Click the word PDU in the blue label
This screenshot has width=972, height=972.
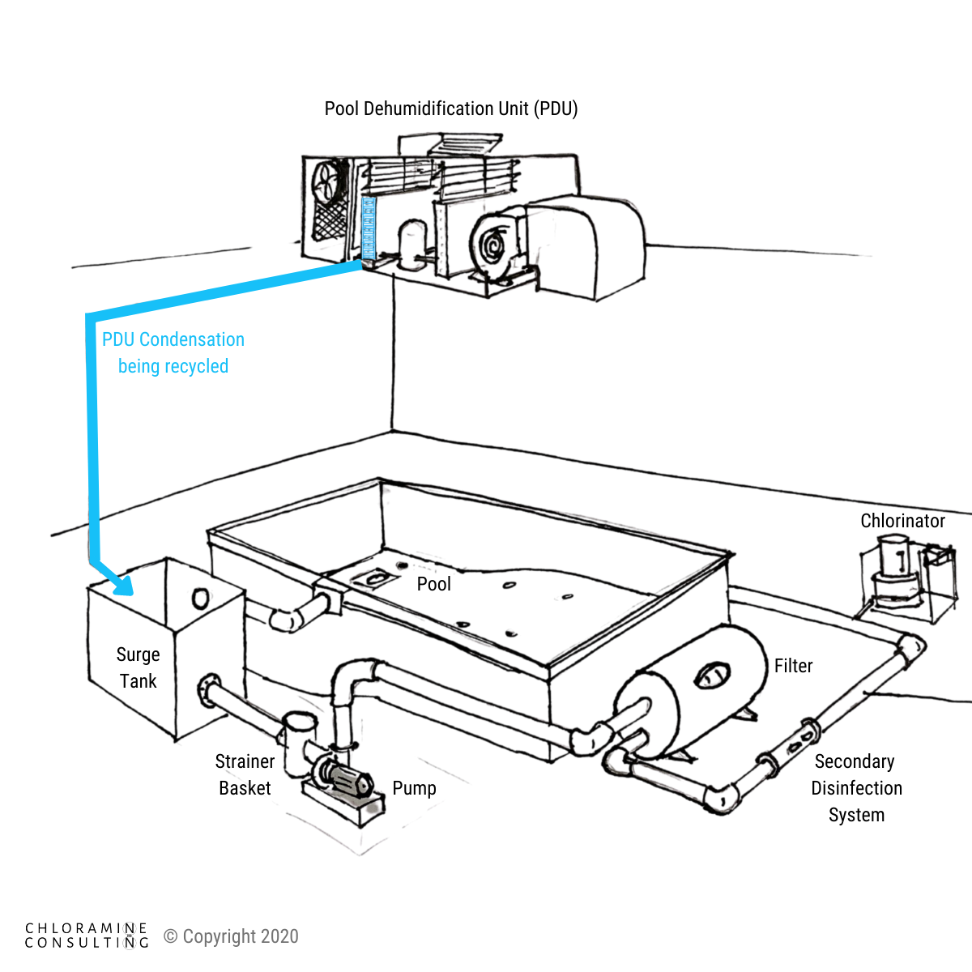point(118,339)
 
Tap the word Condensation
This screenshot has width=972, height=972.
point(192,339)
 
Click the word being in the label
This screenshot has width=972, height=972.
point(139,367)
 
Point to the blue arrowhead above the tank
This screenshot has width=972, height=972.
point(122,582)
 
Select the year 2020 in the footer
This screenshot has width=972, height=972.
point(279,937)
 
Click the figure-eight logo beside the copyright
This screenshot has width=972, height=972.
point(129,936)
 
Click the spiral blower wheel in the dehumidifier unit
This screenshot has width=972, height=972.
point(495,238)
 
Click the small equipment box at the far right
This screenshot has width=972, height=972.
point(907,579)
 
